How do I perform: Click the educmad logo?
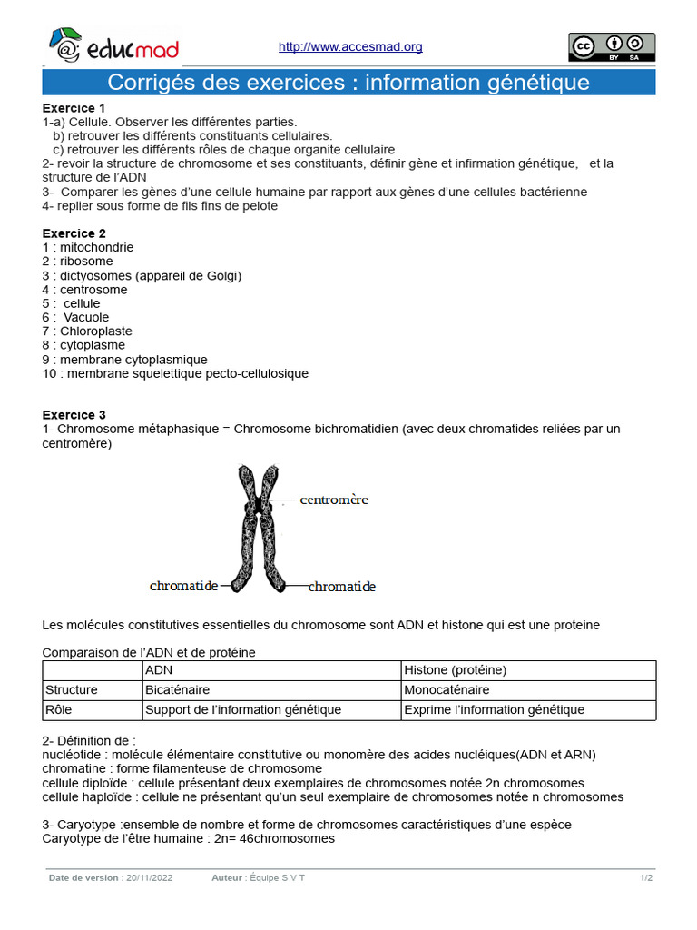click(113, 46)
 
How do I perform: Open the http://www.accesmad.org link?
click(349, 47)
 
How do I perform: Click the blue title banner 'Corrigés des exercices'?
click(348, 83)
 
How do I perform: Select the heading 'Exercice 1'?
click(74, 108)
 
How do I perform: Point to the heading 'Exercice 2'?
click(74, 233)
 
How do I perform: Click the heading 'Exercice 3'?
click(74, 415)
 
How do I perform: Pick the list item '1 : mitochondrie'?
click(88, 247)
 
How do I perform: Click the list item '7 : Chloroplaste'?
click(87, 331)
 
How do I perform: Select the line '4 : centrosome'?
click(85, 290)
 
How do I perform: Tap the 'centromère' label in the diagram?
click(334, 500)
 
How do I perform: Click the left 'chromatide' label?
click(183, 587)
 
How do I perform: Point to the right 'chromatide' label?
click(341, 587)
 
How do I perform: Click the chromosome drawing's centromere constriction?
click(260, 504)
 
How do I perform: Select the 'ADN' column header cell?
click(270, 670)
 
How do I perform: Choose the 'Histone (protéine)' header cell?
click(527, 670)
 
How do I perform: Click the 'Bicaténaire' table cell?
click(270, 690)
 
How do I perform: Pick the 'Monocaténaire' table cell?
click(527, 690)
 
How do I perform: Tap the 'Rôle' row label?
click(91, 710)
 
